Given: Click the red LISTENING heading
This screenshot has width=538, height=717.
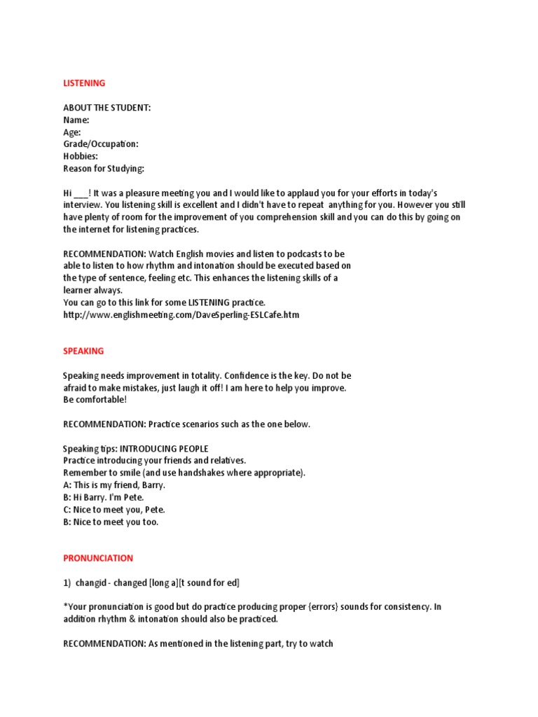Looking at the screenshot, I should coord(84,83).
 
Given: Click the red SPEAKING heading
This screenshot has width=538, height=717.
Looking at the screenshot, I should coord(83,351).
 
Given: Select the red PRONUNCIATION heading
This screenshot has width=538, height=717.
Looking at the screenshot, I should coord(98,558).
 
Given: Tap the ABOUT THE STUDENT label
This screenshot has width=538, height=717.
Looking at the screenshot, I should coord(107,108).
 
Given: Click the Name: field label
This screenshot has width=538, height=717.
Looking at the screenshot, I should coord(76,120).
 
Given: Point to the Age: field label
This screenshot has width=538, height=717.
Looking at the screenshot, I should coord(72,132).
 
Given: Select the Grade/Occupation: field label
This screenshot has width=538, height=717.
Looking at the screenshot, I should coord(101,144).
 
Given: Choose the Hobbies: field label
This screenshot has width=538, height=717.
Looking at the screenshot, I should coord(81,156).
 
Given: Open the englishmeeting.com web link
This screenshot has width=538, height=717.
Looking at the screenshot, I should coord(181,315).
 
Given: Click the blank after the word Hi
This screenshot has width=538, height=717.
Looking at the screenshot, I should coord(81,193).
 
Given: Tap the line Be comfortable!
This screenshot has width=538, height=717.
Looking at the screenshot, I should coord(95,400).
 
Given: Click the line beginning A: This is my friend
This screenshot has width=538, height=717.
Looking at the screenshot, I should coord(114,485).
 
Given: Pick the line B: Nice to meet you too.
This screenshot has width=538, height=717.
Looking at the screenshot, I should coord(111,522).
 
